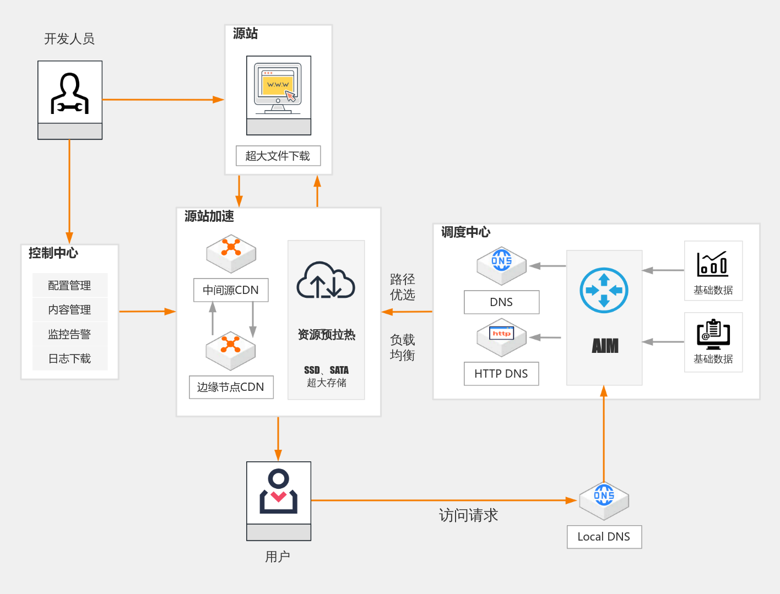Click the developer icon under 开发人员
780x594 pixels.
(70, 92)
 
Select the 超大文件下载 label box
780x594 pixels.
(278, 156)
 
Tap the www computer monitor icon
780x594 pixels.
(278, 88)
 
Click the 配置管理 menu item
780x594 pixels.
(69, 285)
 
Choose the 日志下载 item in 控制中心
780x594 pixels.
(69, 358)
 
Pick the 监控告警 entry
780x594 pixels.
(69, 334)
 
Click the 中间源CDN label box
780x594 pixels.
(231, 290)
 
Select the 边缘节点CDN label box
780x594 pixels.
(231, 387)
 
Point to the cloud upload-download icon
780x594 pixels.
(326, 280)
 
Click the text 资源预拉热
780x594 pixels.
(326, 335)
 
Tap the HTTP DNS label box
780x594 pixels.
(501, 374)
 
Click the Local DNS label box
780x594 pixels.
(604, 537)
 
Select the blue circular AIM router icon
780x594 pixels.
(604, 290)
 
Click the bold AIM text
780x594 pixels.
(605, 346)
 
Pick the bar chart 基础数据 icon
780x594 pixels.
(713, 264)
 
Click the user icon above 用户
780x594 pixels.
(279, 492)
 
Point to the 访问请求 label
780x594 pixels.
(468, 515)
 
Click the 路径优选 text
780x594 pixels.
(403, 287)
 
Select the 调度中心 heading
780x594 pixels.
(465, 232)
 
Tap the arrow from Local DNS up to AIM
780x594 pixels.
(604, 435)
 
